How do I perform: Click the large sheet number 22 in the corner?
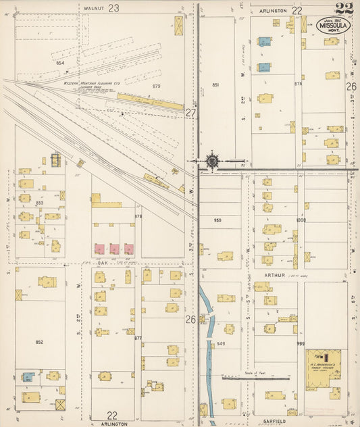click(x=343, y=8)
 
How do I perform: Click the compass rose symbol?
click(x=212, y=161)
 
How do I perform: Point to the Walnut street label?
click(x=94, y=8)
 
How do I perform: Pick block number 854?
click(x=60, y=62)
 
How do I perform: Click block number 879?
click(x=157, y=86)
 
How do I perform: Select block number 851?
click(x=215, y=84)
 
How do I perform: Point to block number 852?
click(x=39, y=343)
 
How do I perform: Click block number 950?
click(x=217, y=221)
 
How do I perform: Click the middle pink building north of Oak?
click(x=113, y=249)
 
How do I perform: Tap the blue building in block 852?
click(x=28, y=376)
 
